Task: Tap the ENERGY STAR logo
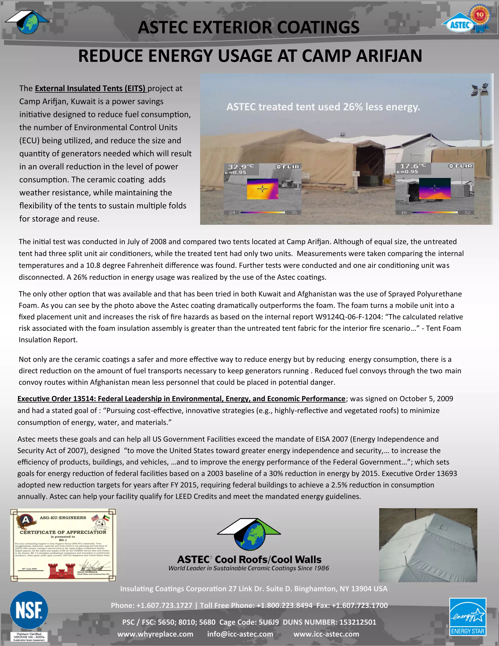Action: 468,617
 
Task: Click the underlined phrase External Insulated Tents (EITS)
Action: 90,88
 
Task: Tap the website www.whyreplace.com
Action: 155,634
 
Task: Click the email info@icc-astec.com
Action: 240,634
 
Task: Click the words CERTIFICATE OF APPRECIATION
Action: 63,532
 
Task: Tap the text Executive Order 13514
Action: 57,399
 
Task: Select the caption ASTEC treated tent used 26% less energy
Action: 323,107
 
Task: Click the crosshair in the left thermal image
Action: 262,189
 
